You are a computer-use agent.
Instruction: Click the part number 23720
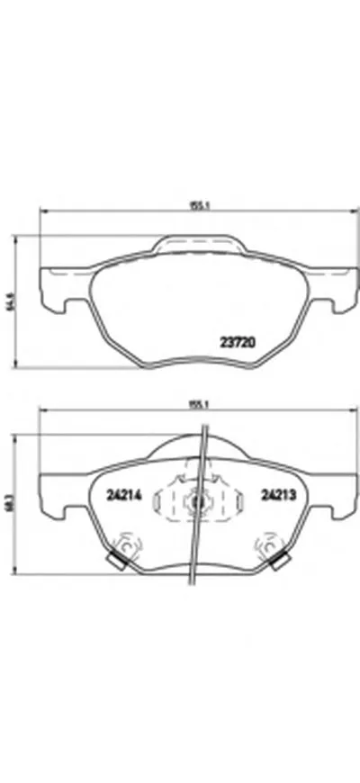[x=239, y=341]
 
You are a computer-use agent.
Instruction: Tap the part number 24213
[x=277, y=494]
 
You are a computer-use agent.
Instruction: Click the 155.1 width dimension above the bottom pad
[x=194, y=404]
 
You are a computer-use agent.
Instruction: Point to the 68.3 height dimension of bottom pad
[x=12, y=504]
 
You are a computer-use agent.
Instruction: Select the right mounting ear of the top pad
[x=333, y=288]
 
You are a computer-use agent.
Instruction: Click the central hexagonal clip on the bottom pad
[x=195, y=502]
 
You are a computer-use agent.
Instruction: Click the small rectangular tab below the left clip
[x=113, y=562]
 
